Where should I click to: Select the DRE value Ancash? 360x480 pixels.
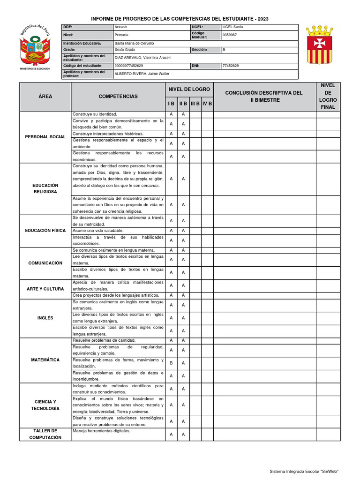121,27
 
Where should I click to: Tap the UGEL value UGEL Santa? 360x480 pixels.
232,27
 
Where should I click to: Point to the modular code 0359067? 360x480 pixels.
229,35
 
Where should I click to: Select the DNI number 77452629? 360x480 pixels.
230,66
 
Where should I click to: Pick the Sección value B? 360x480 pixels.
224,50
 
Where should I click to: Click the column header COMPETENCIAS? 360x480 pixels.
118,97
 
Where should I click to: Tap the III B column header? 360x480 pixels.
195,104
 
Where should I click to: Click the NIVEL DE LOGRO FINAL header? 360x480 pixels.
328,97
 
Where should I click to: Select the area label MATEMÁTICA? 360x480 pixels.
45,360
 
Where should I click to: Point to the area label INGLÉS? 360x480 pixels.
45,318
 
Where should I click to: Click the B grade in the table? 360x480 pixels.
171,363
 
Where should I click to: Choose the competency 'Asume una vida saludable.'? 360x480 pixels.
98,231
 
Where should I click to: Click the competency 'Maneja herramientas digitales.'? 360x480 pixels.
101,431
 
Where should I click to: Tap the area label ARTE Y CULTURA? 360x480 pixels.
45,289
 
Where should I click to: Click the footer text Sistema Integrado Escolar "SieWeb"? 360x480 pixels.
304,471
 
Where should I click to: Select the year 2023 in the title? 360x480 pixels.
262,19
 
